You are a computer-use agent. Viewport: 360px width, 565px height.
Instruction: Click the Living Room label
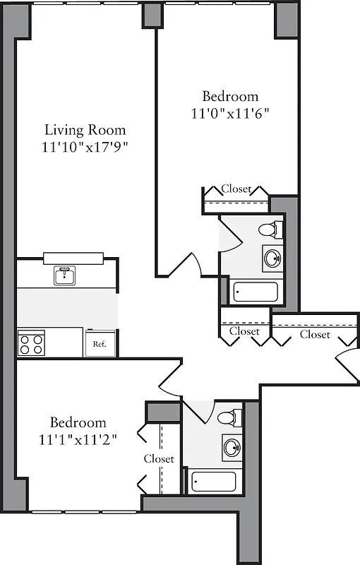85,130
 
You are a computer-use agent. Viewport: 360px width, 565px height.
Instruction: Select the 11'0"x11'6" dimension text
230,113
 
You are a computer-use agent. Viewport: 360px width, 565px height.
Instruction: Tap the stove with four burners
31,344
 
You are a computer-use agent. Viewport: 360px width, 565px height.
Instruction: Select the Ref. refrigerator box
100,345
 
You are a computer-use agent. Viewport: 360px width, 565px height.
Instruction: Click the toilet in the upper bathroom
269,230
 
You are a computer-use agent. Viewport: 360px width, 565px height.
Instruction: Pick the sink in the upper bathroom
273,258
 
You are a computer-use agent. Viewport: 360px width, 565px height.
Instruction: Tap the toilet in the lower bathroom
227,417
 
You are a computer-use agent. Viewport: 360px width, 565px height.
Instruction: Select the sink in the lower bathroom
232,446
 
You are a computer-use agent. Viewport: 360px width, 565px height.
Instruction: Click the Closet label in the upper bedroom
236,189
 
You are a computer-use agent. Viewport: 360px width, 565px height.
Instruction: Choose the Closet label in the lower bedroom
159,459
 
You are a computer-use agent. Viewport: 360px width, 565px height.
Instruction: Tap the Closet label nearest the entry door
315,334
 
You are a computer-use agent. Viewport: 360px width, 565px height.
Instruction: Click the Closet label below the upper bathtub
244,331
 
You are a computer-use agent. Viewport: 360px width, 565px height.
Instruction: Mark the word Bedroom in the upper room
230,97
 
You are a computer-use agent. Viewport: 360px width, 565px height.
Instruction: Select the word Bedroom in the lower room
78,423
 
